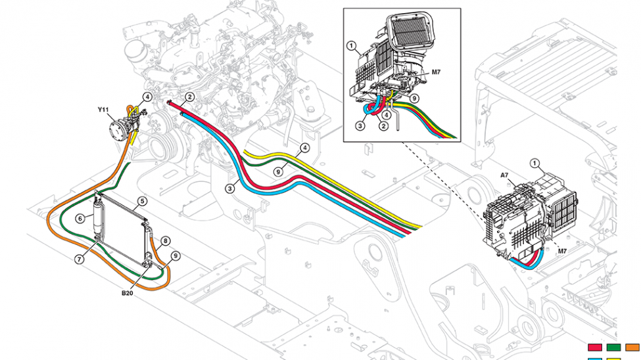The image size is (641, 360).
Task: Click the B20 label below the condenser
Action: (x=128, y=294)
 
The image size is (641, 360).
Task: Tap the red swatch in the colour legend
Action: (x=596, y=346)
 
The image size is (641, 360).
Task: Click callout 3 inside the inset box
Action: (x=361, y=125)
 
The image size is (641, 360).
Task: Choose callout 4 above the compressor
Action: (x=148, y=97)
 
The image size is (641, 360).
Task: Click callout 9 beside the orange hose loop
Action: (x=176, y=256)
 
